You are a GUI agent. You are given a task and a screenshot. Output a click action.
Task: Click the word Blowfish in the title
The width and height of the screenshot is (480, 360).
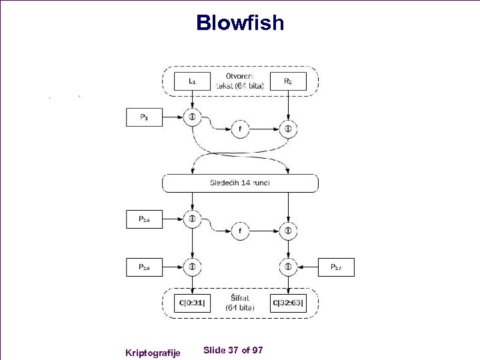pos(240,23)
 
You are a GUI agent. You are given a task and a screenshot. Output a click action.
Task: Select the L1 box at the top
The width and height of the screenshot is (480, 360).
pos(192,81)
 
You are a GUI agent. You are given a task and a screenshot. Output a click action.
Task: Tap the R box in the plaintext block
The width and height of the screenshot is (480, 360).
pos(287,81)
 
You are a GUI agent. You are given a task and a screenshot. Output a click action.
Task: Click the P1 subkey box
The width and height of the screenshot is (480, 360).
pos(144,117)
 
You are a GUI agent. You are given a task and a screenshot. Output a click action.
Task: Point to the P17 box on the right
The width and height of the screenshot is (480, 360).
pos(336,267)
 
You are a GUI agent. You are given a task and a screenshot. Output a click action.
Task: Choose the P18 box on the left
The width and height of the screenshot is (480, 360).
pos(144,267)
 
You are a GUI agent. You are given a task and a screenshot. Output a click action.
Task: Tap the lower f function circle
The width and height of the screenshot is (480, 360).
pos(240,231)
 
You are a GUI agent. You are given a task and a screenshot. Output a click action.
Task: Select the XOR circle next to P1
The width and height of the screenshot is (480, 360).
pos(192,117)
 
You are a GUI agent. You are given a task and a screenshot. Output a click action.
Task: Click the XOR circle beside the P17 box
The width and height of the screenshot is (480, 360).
pos(288,267)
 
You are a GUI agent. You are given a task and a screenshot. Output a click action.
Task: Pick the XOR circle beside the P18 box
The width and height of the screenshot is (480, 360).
pos(192,267)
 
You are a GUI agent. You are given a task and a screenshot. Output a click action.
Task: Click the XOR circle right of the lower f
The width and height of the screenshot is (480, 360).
pos(288,231)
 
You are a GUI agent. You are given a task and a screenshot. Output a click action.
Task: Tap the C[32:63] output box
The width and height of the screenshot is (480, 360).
pos(288,303)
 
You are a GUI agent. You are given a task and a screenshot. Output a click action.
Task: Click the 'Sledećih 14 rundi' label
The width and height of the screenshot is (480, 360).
pos(240,183)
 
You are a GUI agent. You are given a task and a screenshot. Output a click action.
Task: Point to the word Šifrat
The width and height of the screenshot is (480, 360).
pos(240,299)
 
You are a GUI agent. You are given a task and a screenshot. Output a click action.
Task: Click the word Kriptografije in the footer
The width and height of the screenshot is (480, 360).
pos(153,351)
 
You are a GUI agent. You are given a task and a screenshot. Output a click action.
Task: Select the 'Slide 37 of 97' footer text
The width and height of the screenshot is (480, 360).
pos(233,350)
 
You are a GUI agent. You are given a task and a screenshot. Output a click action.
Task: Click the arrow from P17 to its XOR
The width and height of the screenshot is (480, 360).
pos(307,267)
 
